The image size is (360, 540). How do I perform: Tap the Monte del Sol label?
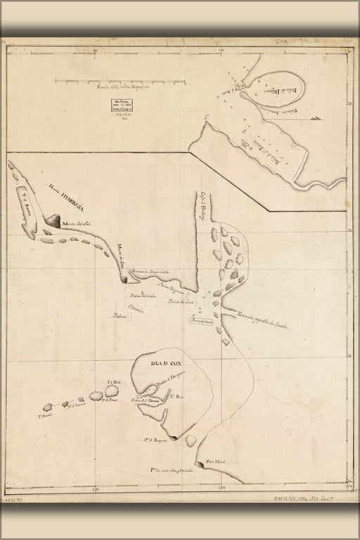pyautogui.click(x=78, y=224)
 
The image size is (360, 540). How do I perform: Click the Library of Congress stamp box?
pyautogui.click(x=117, y=104)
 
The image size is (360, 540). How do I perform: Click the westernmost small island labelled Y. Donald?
pyautogui.click(x=47, y=407)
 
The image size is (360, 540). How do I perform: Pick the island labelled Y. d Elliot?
pyautogui.click(x=112, y=390)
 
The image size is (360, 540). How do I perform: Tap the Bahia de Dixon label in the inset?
pyautogui.click(x=275, y=90)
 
